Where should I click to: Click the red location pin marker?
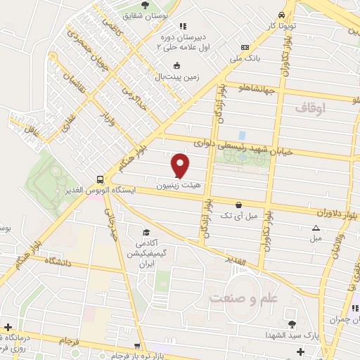(x=181, y=165)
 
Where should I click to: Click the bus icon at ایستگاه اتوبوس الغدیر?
(x=100, y=179)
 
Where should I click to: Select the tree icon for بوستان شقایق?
(x=145, y=5)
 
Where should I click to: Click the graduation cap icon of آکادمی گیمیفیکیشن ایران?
(x=146, y=233)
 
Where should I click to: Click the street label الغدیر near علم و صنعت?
(x=238, y=262)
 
